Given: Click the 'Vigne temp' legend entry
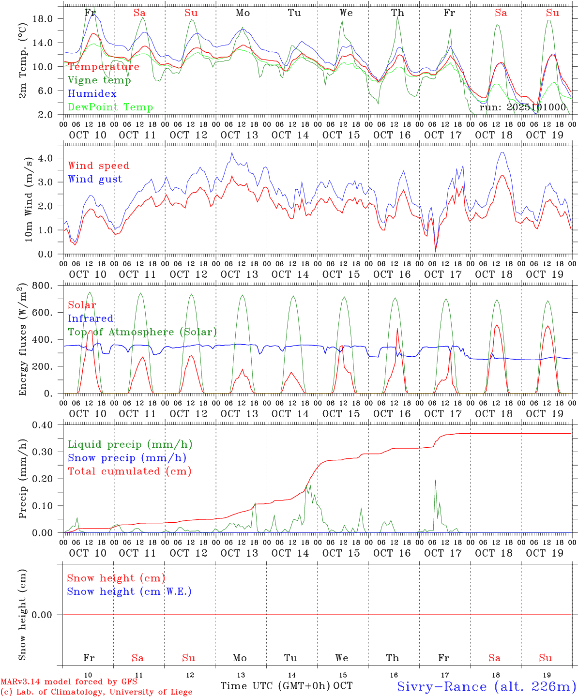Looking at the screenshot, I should [99, 80].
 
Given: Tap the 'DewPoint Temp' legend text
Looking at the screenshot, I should [110, 107].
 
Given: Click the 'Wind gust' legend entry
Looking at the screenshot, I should [95, 179].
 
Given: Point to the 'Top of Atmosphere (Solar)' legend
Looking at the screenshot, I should [142, 332].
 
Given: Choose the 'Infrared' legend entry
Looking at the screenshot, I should [91, 318].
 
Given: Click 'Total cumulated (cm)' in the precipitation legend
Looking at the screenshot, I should [129, 471].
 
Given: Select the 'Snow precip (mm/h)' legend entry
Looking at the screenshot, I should [127, 458].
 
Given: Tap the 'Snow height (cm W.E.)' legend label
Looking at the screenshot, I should [129, 591].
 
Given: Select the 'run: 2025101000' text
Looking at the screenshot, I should [522, 107].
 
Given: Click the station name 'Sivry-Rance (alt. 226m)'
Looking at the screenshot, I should [487, 686].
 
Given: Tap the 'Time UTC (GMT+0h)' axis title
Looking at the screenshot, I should [275, 686].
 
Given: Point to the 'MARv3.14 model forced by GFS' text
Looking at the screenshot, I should [69, 682].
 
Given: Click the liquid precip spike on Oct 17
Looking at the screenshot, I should [435, 481].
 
